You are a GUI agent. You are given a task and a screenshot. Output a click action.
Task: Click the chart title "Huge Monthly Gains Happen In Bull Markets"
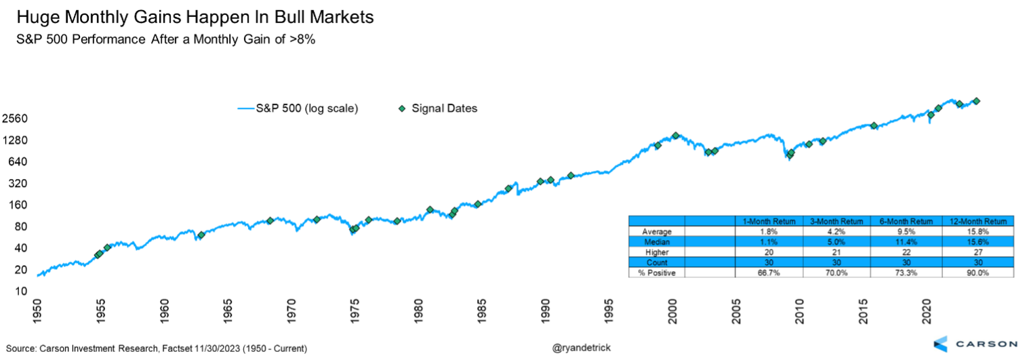coord(195,18)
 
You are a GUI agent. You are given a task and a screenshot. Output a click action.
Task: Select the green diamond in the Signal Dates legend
coord(403,108)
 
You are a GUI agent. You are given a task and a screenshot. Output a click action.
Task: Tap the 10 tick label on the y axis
coord(21,292)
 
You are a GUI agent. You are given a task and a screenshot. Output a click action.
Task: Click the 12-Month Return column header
coord(978,221)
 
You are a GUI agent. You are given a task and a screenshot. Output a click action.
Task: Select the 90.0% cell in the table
coord(978,273)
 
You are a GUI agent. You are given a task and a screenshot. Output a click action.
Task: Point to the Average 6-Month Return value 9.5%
coord(908,231)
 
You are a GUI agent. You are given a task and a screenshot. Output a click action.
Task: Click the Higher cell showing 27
coord(978,252)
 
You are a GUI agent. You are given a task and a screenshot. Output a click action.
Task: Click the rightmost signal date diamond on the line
coord(976,101)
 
